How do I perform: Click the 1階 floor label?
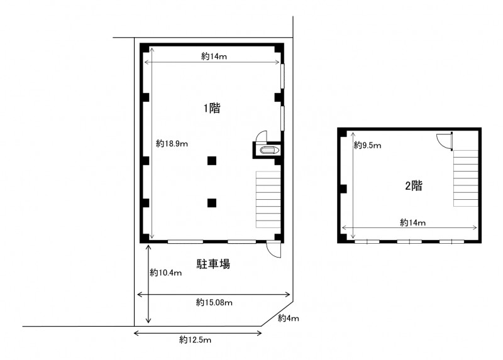[x=212, y=108]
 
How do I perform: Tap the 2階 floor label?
[x=414, y=185]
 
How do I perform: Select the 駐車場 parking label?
[x=213, y=264]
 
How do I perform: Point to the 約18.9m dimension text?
[x=172, y=144]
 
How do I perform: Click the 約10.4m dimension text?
[x=166, y=273]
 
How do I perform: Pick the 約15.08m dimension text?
[x=214, y=302]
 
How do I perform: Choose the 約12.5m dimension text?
[x=195, y=340]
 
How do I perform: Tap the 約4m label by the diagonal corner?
[x=289, y=318]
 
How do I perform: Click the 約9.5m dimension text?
[x=368, y=146]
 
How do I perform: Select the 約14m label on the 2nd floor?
[x=413, y=222]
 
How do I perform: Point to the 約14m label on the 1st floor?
[x=214, y=57]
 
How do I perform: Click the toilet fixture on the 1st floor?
[x=270, y=150]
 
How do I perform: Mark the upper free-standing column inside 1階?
[x=212, y=161]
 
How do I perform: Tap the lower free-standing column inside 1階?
[x=212, y=203]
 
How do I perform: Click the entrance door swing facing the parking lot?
[x=274, y=249]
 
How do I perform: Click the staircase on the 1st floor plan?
[x=268, y=199]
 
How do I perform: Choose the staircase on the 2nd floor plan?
[x=466, y=178]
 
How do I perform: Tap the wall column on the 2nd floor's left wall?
[x=343, y=189]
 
